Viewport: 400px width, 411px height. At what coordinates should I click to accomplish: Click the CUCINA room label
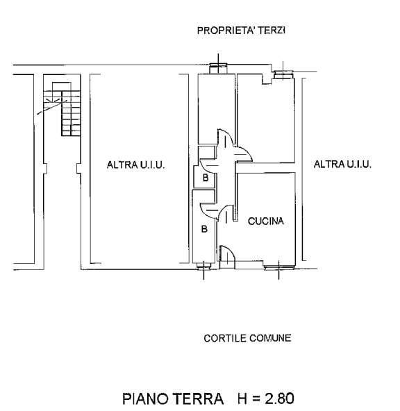[266, 221]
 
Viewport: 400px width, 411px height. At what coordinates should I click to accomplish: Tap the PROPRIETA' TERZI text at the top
[242, 31]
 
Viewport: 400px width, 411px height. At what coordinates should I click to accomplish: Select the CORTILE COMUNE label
[247, 339]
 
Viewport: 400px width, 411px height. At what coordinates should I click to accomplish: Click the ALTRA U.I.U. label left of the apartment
[135, 165]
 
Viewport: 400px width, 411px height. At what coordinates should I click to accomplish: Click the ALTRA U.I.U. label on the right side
[343, 165]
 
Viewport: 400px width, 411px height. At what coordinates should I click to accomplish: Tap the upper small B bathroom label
[205, 178]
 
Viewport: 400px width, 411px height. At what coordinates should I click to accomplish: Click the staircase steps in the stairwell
[66, 111]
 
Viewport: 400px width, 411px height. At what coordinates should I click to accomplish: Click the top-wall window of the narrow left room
[218, 67]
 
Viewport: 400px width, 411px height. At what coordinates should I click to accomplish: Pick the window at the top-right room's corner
[285, 72]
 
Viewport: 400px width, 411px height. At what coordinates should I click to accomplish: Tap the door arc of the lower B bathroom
[208, 208]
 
